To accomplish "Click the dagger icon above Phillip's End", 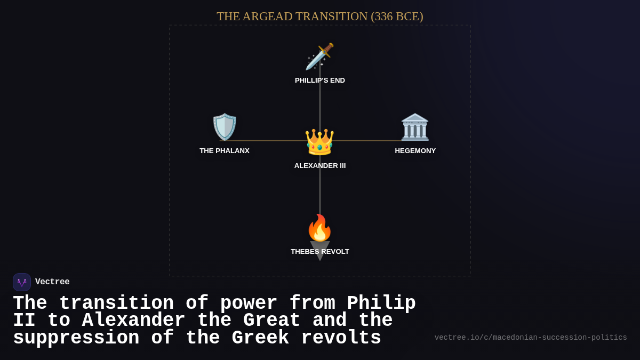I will pyautogui.click(x=319, y=57).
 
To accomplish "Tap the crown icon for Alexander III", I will pyautogui.click(x=319, y=142).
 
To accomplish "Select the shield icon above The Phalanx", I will pyautogui.click(x=225, y=127).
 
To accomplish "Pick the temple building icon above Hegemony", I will pyautogui.click(x=415, y=127).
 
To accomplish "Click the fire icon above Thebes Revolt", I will pyautogui.click(x=319, y=228).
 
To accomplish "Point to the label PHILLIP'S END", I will pyautogui.click(x=320, y=81).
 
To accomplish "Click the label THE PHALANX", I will pyautogui.click(x=225, y=151).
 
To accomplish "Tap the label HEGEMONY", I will pyautogui.click(x=415, y=151).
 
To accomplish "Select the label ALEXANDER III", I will pyautogui.click(x=320, y=166).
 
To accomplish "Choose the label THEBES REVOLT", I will pyautogui.click(x=320, y=252).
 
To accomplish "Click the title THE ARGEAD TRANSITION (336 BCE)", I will pyautogui.click(x=320, y=17).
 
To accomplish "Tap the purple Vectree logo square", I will pyautogui.click(x=22, y=282).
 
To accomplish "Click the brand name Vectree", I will pyautogui.click(x=52, y=282).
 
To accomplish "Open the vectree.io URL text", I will pyautogui.click(x=531, y=338).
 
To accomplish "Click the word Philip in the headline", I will pyautogui.click(x=381, y=303).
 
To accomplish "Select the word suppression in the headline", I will pyautogui.click(x=76, y=338).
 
